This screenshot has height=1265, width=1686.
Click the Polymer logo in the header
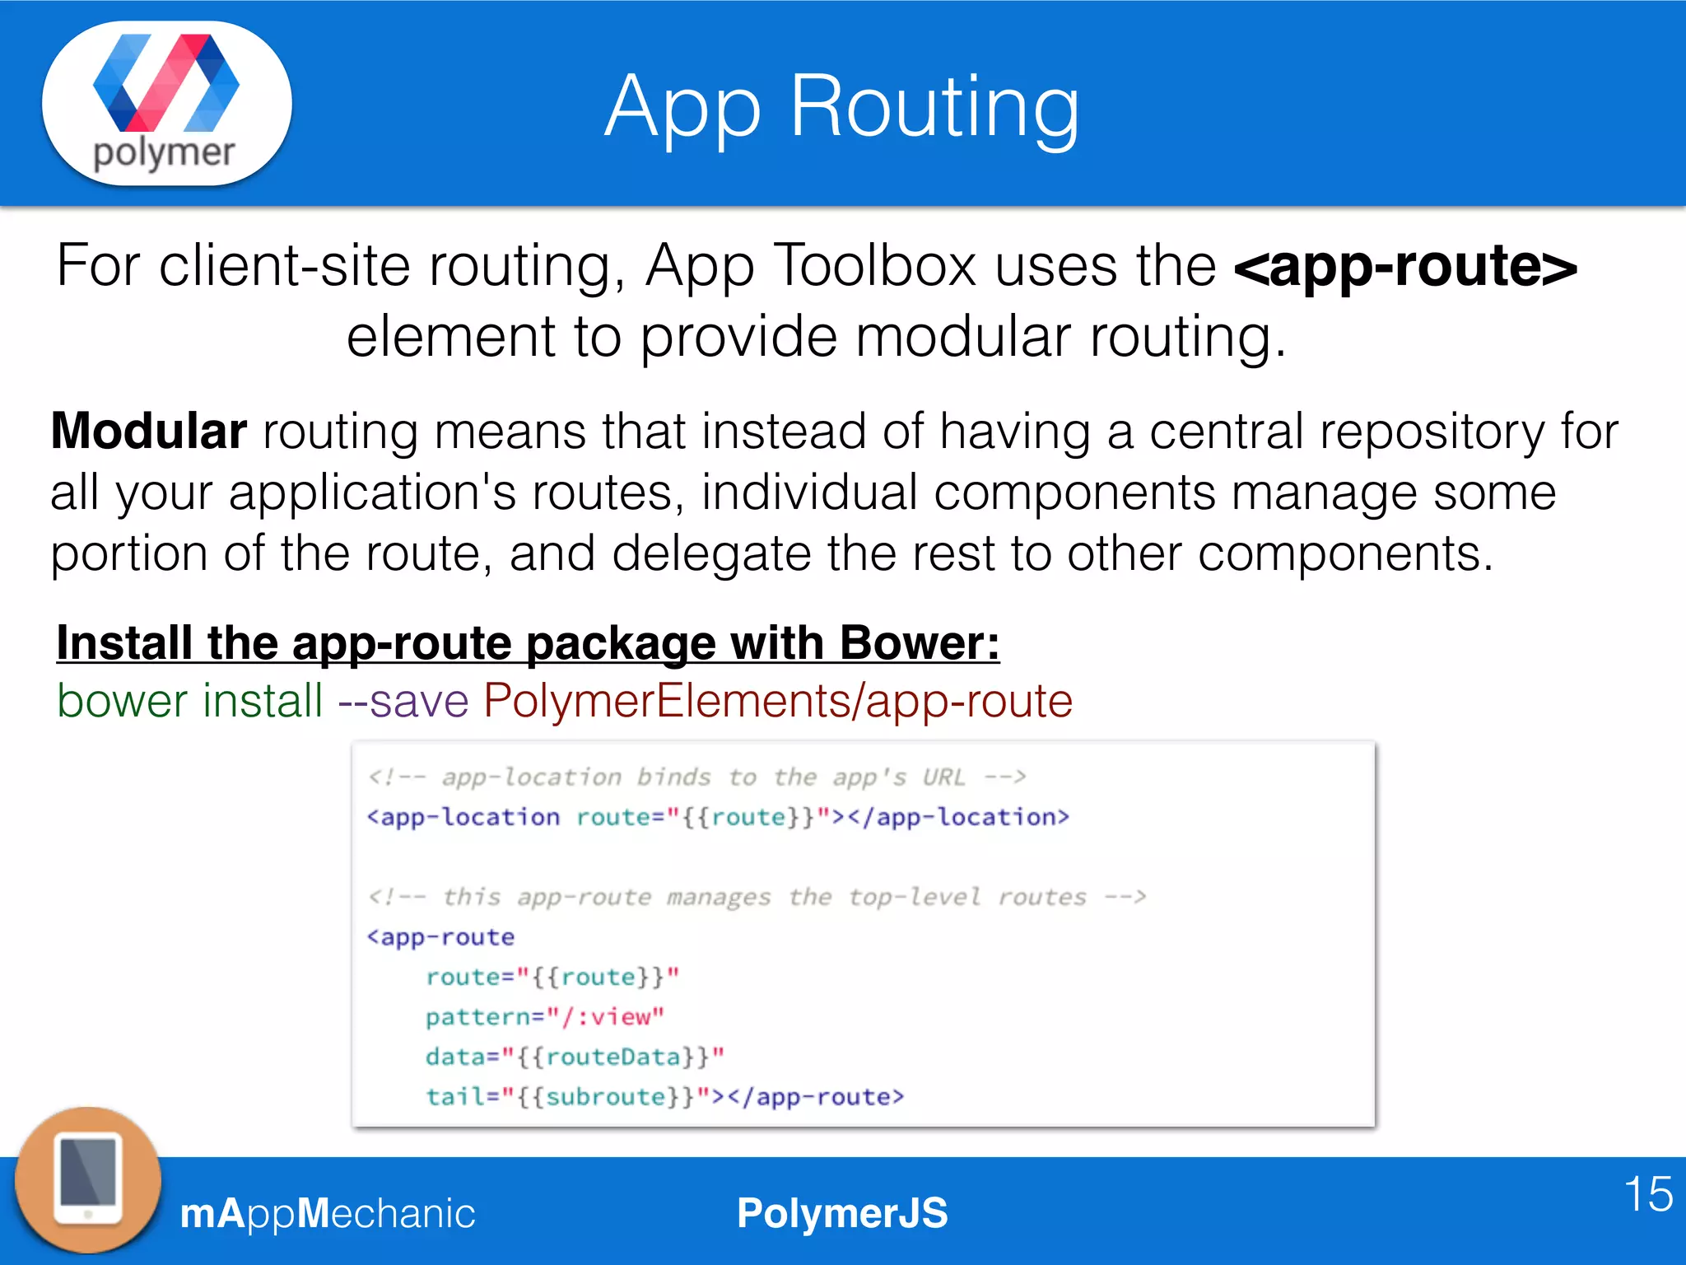(x=166, y=102)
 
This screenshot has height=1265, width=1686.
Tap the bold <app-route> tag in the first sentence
(x=1405, y=266)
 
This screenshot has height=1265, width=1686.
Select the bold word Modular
(x=149, y=431)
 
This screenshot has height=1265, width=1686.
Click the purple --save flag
(x=403, y=701)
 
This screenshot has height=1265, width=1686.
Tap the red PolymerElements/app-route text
(x=777, y=701)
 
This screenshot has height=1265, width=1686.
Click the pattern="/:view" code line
(x=544, y=1017)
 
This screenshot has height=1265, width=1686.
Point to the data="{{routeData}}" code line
(x=575, y=1057)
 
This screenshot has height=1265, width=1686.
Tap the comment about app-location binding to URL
(x=696, y=777)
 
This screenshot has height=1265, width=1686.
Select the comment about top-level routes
(x=757, y=896)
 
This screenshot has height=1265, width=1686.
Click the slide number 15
(x=1648, y=1193)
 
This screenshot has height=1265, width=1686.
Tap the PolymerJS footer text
(x=842, y=1213)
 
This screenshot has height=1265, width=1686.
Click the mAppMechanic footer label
(x=328, y=1213)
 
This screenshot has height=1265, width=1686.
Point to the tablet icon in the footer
(x=88, y=1179)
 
